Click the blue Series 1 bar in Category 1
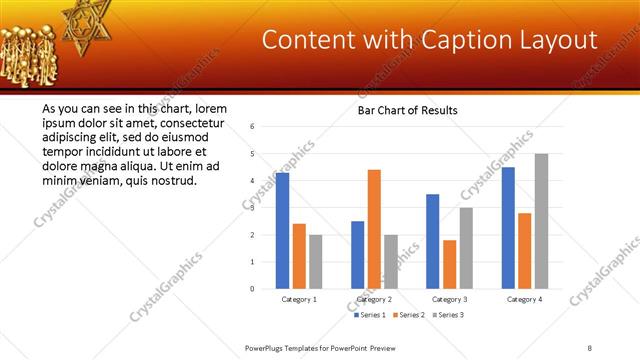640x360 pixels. (x=282, y=231)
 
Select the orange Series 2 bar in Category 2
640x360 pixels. (x=374, y=229)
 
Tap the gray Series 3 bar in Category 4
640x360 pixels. (x=541, y=221)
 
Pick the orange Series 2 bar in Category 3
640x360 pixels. (x=449, y=264)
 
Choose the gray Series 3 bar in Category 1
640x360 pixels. (x=315, y=262)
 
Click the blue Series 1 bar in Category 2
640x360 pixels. (x=357, y=255)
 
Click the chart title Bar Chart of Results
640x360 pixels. (x=407, y=110)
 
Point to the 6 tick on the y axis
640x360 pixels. (x=253, y=127)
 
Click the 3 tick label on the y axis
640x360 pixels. (x=253, y=208)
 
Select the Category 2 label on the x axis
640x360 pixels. (x=374, y=299)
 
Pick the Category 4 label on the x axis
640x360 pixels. (x=524, y=299)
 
